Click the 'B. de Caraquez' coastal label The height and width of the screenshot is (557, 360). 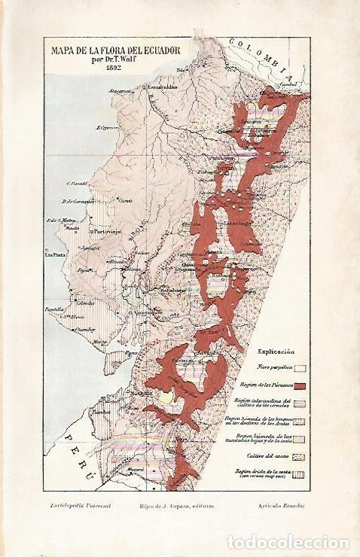coord(79,200)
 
